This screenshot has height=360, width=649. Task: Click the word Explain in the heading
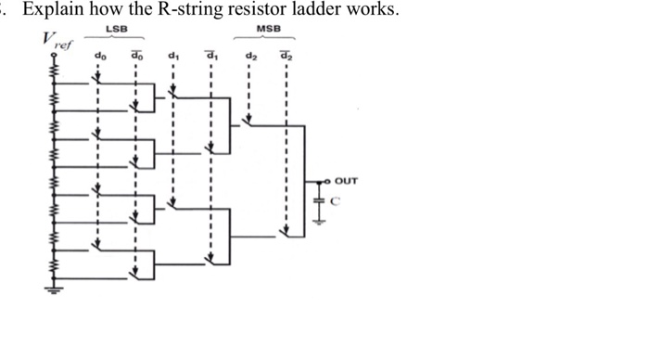coord(52,11)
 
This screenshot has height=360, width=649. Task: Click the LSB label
coord(117,32)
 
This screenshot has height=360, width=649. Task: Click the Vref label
coord(53,44)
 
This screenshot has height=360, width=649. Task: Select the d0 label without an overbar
coord(99,58)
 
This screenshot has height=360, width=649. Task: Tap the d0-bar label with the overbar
coord(136,58)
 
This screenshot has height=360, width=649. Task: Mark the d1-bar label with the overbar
coord(211,58)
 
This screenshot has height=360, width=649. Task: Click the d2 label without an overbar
coord(249,58)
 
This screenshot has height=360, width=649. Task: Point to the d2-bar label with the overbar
coord(286,58)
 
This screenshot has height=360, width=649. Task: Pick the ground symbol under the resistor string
coord(52,291)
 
